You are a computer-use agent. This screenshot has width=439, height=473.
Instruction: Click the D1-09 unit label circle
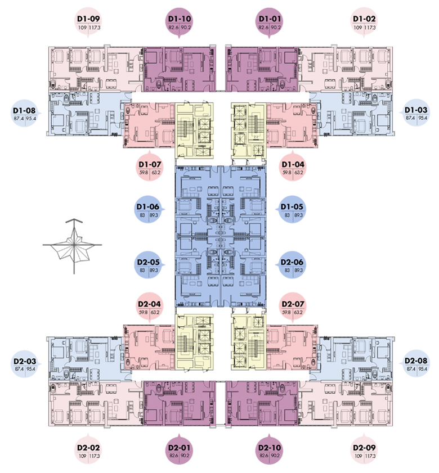tap(88, 22)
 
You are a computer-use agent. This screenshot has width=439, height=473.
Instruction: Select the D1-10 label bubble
tap(179, 22)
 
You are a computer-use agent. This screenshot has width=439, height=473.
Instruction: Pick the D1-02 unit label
tap(364, 22)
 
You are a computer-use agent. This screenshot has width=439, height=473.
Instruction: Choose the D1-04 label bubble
tap(293, 168)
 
